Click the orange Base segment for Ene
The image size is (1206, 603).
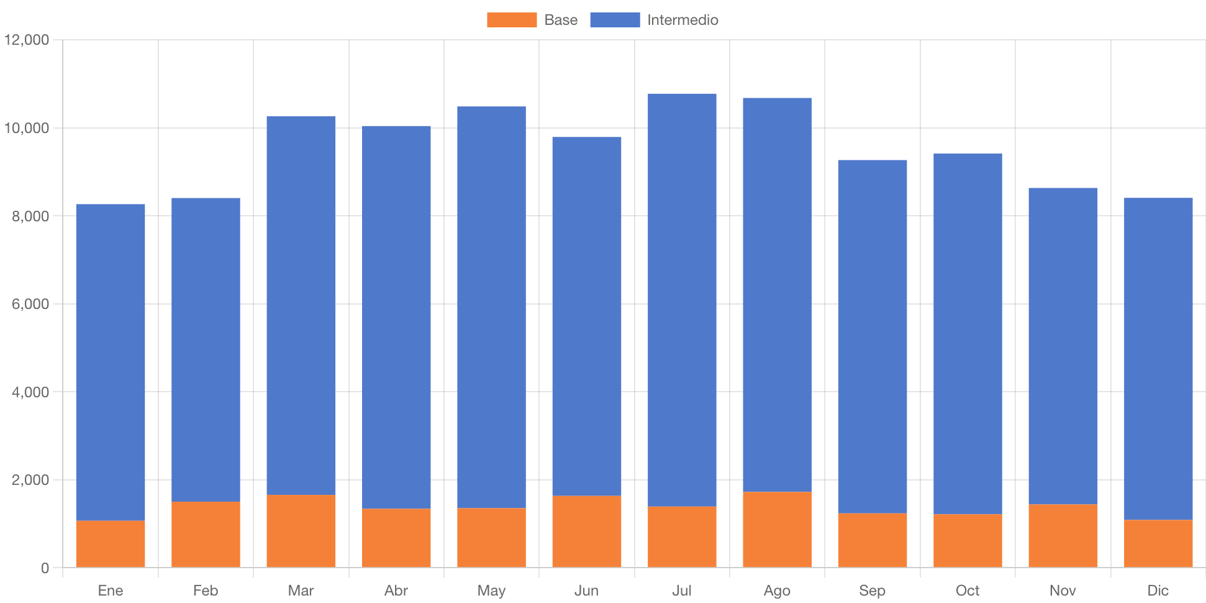pos(111,544)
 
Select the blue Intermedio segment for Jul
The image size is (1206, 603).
pos(682,300)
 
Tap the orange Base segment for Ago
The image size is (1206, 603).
pos(777,530)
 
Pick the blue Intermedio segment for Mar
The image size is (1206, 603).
pos(301,305)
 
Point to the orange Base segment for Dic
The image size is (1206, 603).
pos(1158,543)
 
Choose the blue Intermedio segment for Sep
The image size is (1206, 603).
pos(872,336)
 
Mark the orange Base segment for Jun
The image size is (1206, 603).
pos(587,532)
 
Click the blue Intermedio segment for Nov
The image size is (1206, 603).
pos(1063,346)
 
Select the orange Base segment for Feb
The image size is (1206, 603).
pos(206,535)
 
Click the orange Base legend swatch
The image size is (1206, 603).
pos(512,20)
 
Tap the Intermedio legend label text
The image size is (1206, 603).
pos(682,20)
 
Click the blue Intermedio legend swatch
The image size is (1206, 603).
pos(615,20)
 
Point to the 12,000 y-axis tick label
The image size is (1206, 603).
pos(27,40)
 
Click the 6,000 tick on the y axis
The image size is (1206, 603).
pos(30,304)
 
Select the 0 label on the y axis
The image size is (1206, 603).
pos(45,568)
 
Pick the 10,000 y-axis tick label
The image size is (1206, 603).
pos(27,128)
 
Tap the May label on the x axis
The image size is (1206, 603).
pos(491,590)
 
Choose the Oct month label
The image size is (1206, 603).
pos(968,590)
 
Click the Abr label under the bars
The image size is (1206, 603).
pos(396,590)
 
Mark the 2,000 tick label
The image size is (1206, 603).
pos(30,480)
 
